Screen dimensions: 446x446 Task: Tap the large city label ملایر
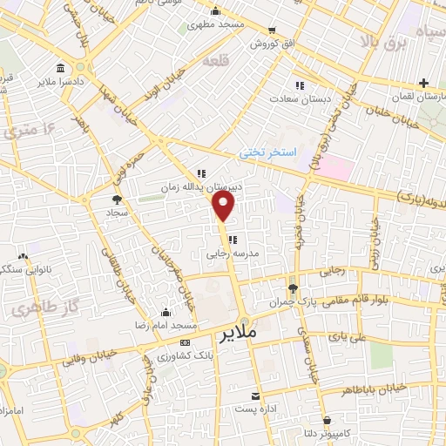point(236,333)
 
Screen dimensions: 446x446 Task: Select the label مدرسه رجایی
point(228,256)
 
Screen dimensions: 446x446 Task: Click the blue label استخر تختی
point(269,152)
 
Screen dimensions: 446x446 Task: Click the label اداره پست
point(257,409)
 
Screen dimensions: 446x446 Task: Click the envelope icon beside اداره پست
point(257,395)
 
